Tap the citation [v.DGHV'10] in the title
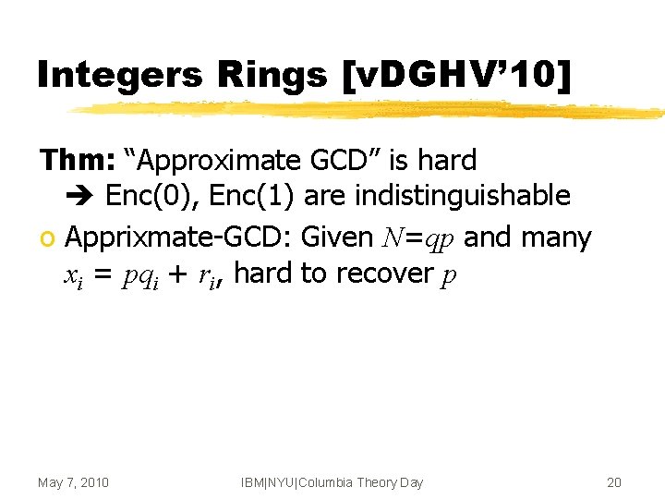(x=456, y=74)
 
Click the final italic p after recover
(x=448, y=276)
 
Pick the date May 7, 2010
(x=73, y=482)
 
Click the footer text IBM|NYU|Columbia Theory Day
(x=332, y=482)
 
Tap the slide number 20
(x=614, y=482)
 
